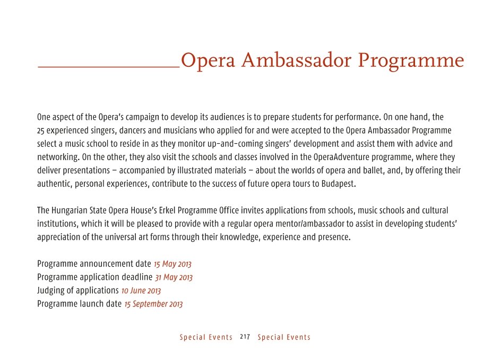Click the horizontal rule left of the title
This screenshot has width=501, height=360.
coord(108,67)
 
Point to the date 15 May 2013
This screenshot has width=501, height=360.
coord(172,264)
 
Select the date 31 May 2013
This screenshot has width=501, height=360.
coord(174,277)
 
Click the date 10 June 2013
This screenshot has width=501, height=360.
coord(141,291)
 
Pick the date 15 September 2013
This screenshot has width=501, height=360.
coord(153,304)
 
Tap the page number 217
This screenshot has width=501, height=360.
coord(245,337)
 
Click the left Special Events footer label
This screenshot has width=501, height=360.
coord(206,337)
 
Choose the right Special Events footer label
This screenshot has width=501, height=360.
coord(284,337)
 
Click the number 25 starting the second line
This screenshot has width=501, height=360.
coord(41,130)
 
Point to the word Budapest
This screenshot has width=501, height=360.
coord(337,185)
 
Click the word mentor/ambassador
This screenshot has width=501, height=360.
coord(332,224)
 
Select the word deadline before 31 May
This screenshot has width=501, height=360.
coord(137,277)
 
